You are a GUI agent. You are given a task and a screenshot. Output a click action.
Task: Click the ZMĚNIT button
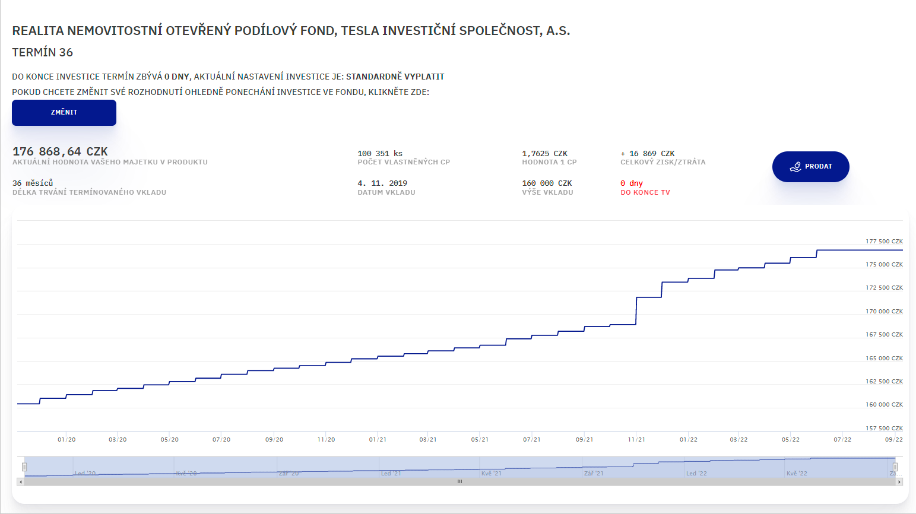click(64, 113)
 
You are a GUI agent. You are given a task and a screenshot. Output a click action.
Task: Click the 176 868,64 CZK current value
click(60, 152)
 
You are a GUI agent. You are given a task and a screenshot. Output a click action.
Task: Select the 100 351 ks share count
click(380, 154)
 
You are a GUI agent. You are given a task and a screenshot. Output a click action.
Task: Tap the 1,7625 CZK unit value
click(544, 154)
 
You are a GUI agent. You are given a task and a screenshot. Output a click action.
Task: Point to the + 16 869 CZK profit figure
click(648, 154)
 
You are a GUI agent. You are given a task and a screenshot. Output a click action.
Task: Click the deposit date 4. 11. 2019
click(382, 183)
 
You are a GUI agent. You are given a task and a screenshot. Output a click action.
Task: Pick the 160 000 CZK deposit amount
click(547, 183)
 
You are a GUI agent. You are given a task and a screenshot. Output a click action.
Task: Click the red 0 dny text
click(632, 183)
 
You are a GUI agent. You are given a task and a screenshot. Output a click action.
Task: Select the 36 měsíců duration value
click(33, 183)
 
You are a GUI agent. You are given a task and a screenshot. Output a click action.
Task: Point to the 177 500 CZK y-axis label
click(884, 242)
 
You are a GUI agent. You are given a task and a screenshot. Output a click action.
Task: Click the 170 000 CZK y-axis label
click(884, 312)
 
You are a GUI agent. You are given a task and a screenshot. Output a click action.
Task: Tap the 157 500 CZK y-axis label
click(884, 429)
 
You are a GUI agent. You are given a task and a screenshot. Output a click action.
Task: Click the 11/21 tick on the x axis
click(636, 440)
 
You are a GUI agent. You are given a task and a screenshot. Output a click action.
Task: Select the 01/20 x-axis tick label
click(66, 440)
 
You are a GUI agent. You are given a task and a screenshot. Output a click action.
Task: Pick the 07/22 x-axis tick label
click(842, 440)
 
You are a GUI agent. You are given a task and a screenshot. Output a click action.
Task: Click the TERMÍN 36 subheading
click(43, 53)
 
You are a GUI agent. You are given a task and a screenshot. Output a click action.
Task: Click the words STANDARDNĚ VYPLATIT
click(395, 77)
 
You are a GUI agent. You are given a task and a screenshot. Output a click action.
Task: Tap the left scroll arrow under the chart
click(21, 482)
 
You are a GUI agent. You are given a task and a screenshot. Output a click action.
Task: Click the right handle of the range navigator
click(895, 467)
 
